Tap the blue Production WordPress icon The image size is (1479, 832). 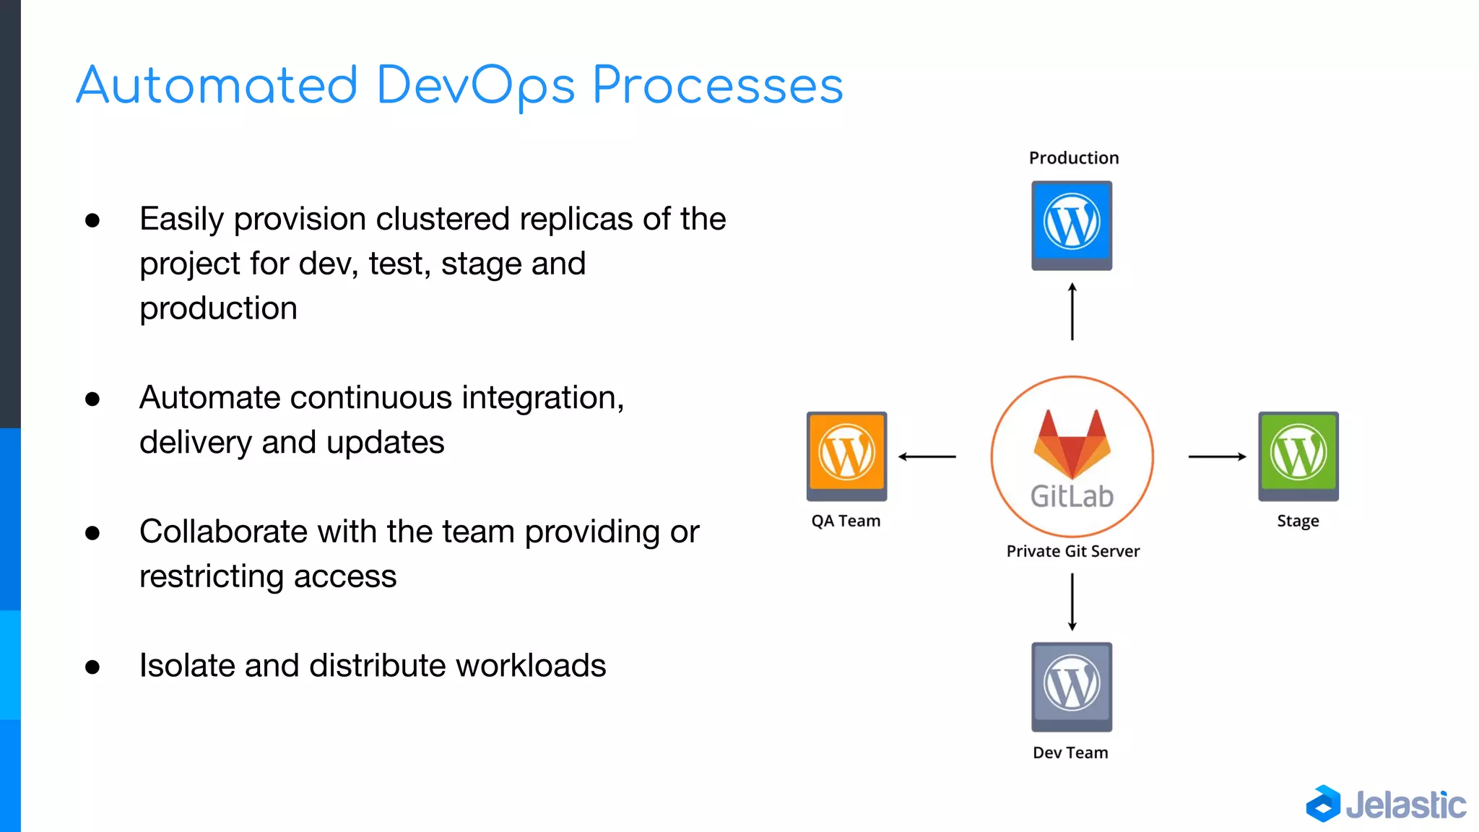click(1072, 225)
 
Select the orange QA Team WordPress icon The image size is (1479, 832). click(846, 456)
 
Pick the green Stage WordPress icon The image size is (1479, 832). click(1298, 456)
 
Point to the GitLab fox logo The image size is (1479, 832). click(1072, 443)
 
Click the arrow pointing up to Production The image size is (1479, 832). click(1072, 311)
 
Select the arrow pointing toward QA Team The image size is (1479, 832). click(927, 456)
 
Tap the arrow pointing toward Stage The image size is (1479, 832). click(1218, 456)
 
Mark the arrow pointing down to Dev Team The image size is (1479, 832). click(1072, 602)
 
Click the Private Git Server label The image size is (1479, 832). click(1073, 551)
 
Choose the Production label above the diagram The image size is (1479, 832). click(1074, 158)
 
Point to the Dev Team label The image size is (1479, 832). click(1070, 753)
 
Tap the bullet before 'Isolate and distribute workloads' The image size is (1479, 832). click(92, 667)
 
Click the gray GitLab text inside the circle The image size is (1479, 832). click(1072, 496)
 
